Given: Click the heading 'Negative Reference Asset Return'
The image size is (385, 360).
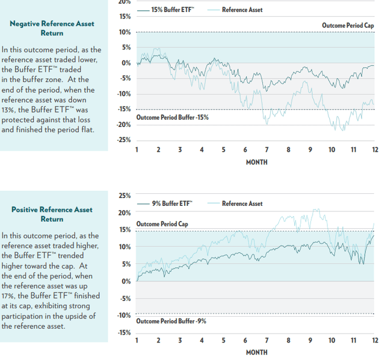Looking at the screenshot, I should click(51, 28).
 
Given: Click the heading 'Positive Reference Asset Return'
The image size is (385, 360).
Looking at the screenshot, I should click(52, 214).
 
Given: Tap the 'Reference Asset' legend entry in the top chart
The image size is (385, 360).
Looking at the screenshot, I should click(242, 10).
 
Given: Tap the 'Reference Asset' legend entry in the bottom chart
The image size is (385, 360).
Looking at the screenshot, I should click(242, 203).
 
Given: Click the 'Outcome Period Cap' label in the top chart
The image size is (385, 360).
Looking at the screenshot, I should click(347, 25).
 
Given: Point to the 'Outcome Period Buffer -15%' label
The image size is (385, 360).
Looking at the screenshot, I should click(172, 117).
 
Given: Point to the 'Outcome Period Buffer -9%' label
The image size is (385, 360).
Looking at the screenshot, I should click(171, 321).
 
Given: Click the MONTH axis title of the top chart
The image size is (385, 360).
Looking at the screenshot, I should click(256, 162).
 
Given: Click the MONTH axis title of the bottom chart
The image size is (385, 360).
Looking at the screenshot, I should click(256, 352).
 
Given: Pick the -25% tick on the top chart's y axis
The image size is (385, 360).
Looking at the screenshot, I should click(123, 140).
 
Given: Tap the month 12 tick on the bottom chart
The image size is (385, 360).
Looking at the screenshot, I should click(374, 340).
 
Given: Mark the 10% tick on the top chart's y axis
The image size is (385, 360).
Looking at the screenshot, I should click(125, 32).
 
